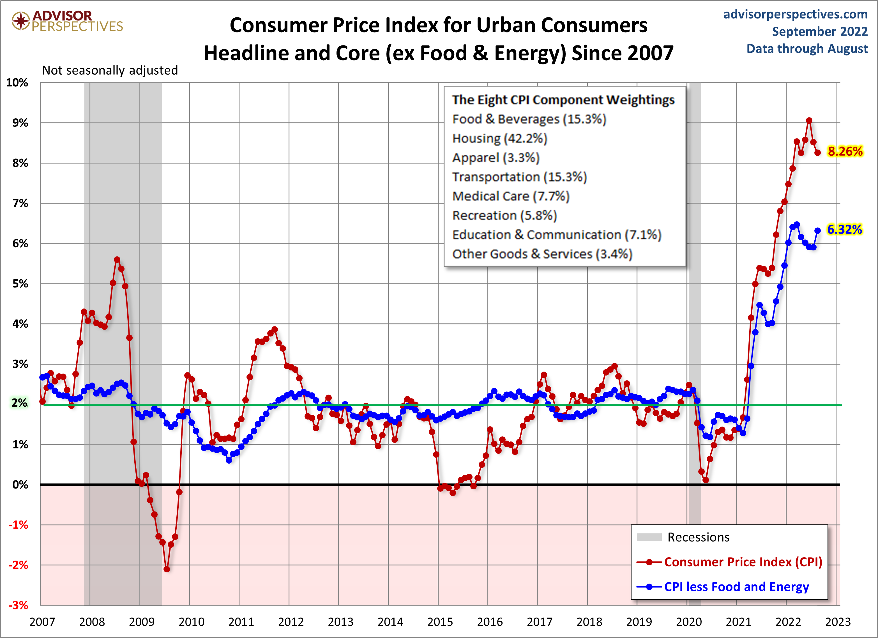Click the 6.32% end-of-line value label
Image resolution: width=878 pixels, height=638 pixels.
[x=844, y=230]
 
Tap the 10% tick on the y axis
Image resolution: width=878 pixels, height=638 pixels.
[x=17, y=82]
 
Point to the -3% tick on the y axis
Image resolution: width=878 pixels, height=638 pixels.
[x=18, y=605]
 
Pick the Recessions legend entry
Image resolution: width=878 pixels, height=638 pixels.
[x=698, y=537]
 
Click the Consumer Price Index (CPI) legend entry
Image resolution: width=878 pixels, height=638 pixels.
[x=743, y=562]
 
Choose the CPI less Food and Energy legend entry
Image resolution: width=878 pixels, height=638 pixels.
[x=736, y=587]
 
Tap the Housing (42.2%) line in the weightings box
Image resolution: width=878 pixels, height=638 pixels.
[x=499, y=139]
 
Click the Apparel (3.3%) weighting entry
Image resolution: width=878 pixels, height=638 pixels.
[x=496, y=158]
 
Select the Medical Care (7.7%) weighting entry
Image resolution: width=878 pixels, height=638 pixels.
[x=511, y=196]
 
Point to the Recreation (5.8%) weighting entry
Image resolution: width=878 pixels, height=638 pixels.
[x=504, y=216]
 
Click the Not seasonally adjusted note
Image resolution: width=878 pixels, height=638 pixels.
[x=110, y=70]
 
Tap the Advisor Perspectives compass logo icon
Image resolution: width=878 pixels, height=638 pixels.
[x=20, y=20]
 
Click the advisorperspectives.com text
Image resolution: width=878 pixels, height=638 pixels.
[x=795, y=14]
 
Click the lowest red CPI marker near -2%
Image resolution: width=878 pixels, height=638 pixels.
[x=167, y=569]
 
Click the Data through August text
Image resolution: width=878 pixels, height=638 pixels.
[x=807, y=49]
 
